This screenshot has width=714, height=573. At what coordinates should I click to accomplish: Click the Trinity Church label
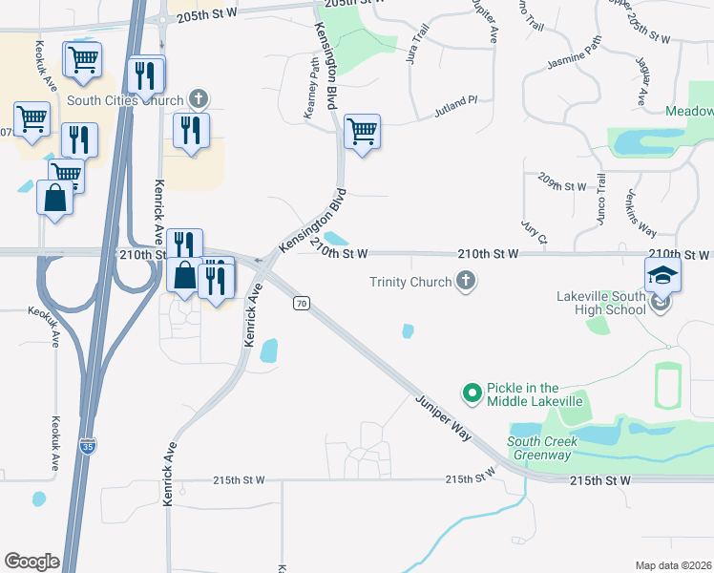[x=410, y=282]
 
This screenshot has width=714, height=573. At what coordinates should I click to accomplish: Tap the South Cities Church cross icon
[x=199, y=97]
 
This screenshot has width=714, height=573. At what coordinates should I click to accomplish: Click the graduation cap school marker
[x=662, y=276]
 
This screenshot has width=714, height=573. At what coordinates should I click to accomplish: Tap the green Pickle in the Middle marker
[x=471, y=393]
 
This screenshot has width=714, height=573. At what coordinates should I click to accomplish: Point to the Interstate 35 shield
[x=87, y=446]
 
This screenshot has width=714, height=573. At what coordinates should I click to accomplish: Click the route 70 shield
[x=302, y=303]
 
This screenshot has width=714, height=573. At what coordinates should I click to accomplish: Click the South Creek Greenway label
[x=540, y=448]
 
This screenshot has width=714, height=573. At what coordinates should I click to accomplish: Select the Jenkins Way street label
[x=646, y=217]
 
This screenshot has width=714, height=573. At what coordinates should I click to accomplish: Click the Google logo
[x=31, y=562]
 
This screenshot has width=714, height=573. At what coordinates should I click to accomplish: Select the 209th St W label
[x=561, y=186]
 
